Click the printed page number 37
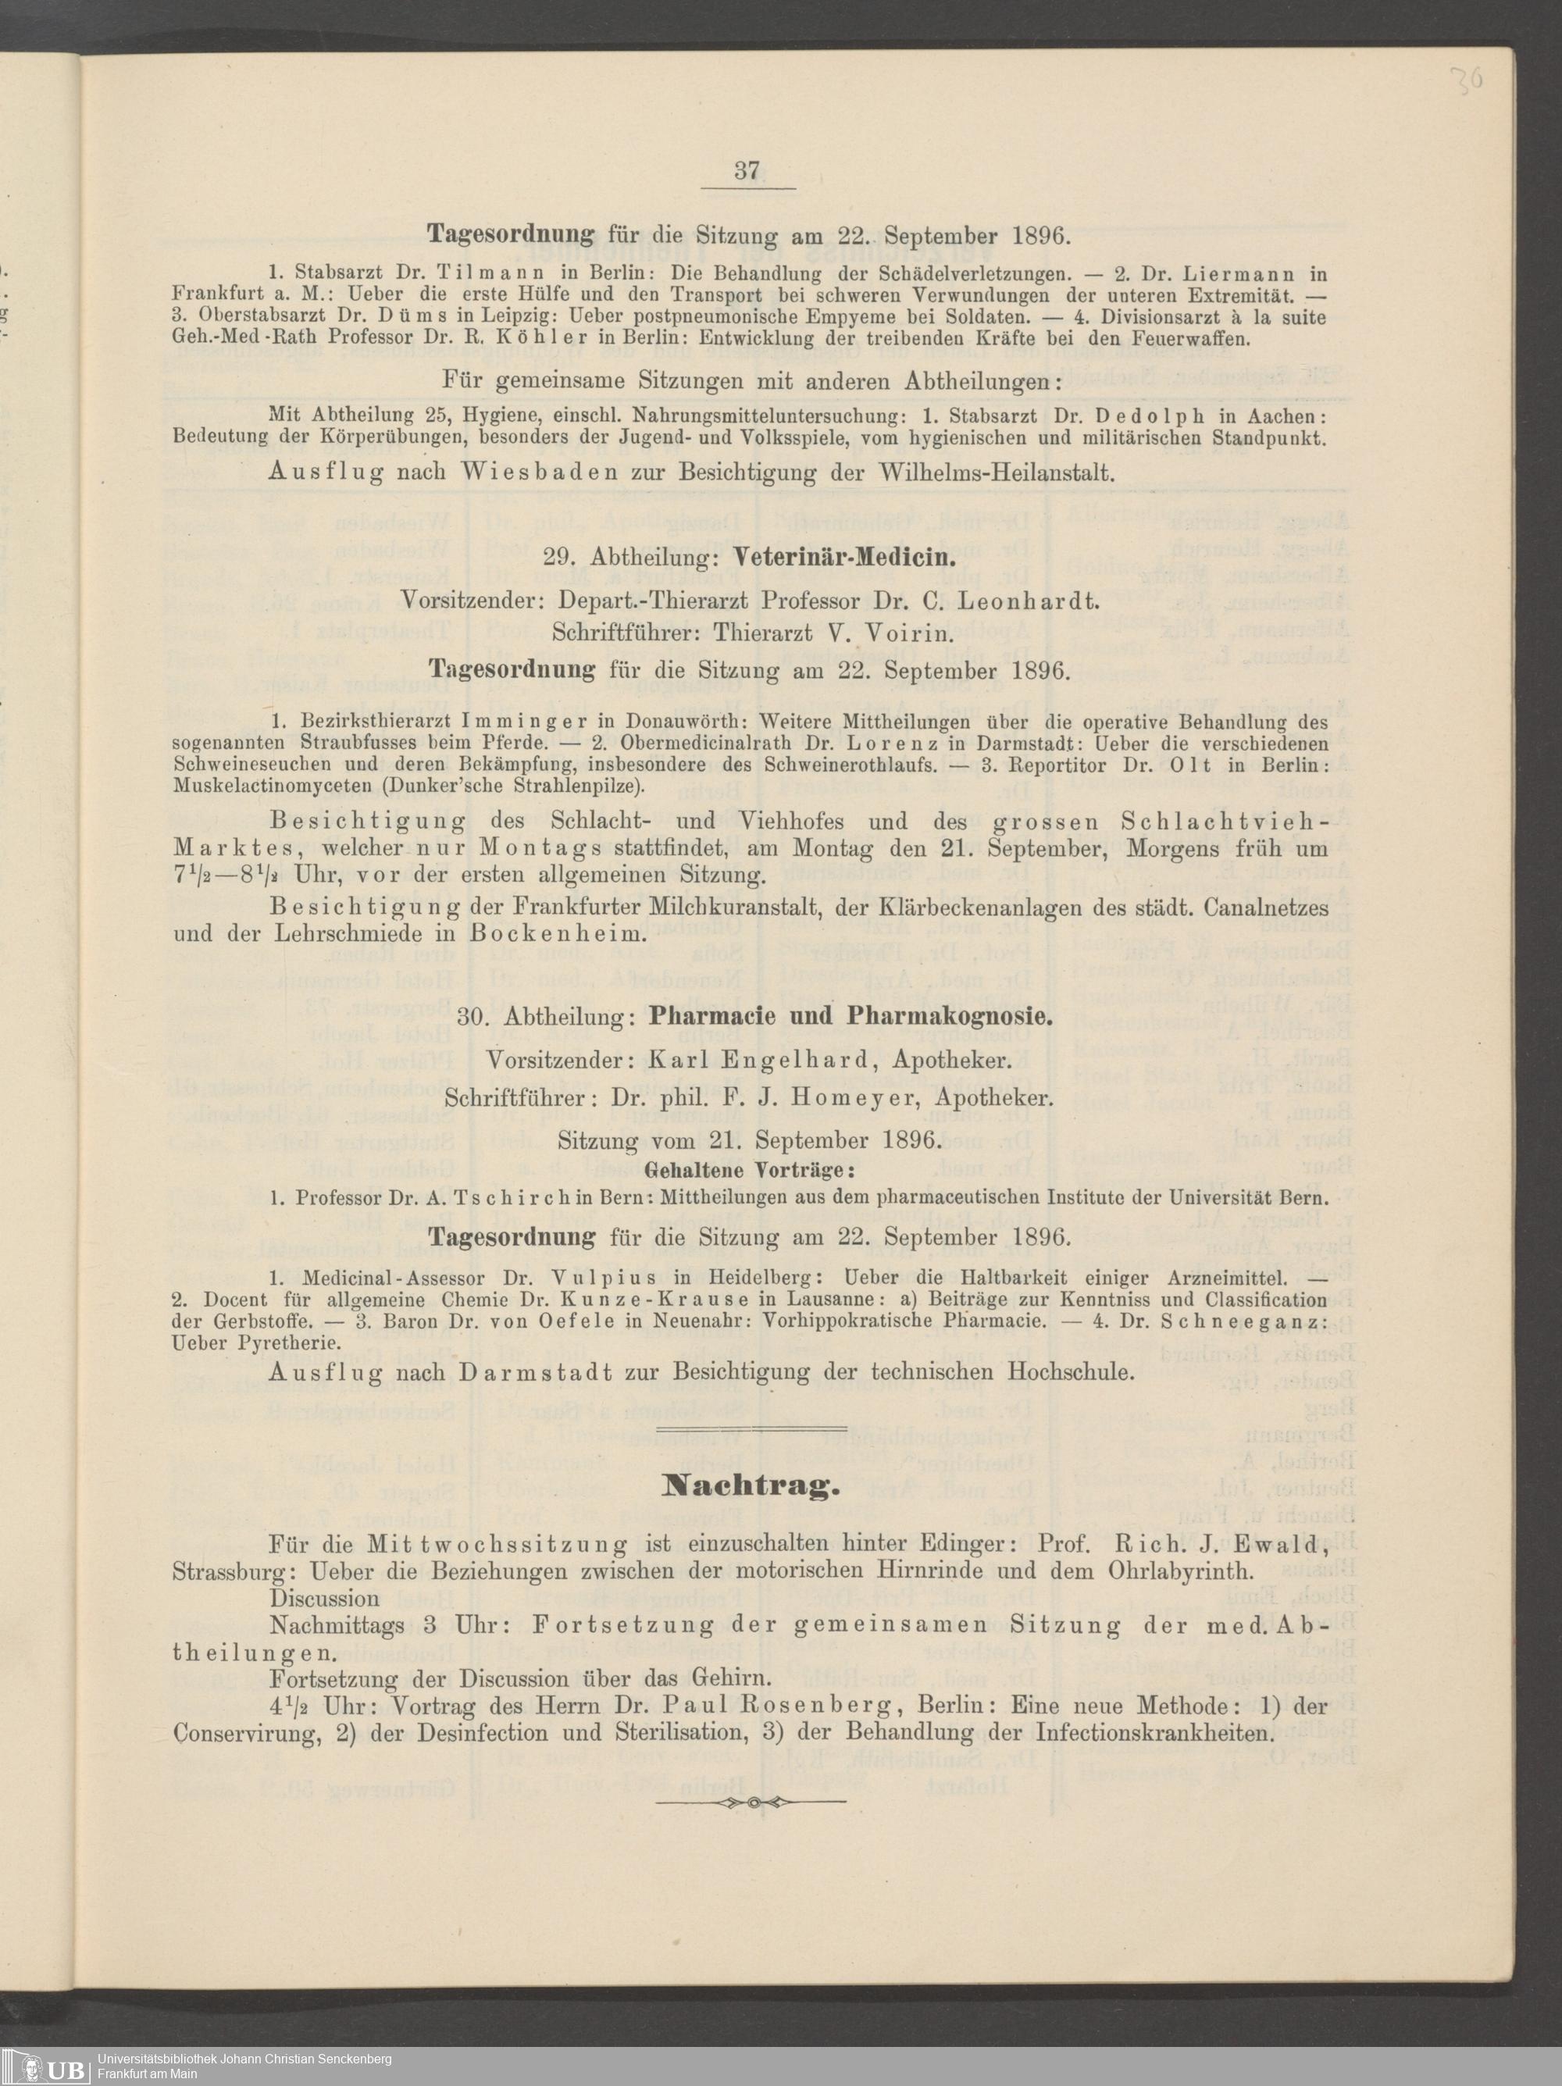click(x=747, y=171)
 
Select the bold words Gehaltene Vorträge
click(x=749, y=1171)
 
